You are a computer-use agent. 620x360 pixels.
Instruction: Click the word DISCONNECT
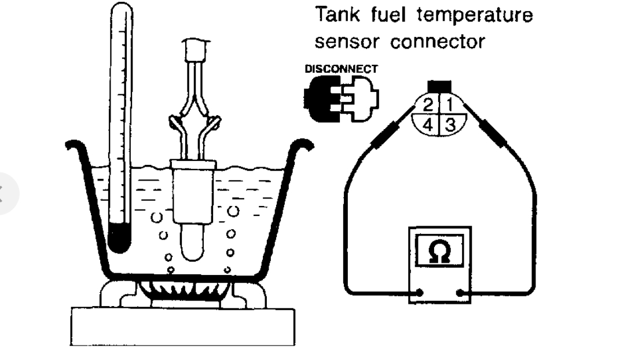click(x=341, y=68)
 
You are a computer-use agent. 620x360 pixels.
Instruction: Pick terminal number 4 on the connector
click(x=429, y=124)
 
